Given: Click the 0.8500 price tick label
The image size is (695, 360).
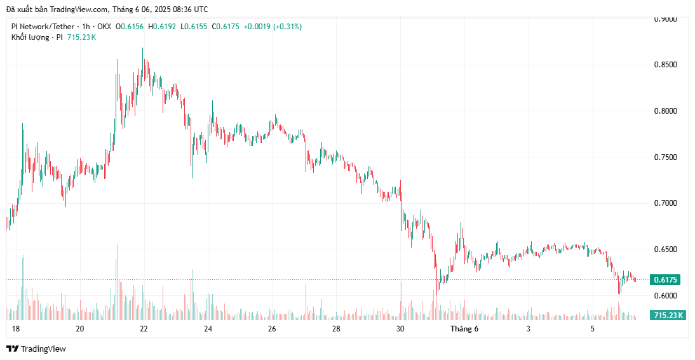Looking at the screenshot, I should click(666, 65).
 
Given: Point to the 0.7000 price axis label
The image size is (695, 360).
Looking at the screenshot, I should click(666, 203).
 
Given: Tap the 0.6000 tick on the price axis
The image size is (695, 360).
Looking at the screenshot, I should click(666, 296).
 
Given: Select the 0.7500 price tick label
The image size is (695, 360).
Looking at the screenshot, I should click(666, 157).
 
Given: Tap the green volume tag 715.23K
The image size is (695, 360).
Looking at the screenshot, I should click(668, 316).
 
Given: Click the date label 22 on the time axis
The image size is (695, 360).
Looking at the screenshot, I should click(144, 329).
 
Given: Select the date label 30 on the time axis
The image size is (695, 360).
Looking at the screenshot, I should click(400, 329).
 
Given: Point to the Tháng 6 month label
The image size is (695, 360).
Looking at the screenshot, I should click(464, 329).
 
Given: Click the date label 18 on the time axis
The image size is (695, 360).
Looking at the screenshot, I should click(16, 329).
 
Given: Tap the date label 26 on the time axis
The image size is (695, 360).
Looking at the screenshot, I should click(272, 329).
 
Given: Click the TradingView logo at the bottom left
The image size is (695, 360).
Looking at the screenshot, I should click(36, 349).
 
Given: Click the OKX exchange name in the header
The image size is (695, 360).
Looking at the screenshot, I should click(103, 27).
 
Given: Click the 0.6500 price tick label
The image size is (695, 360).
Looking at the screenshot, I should click(666, 250).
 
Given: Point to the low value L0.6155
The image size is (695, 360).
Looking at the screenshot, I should click(192, 27).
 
